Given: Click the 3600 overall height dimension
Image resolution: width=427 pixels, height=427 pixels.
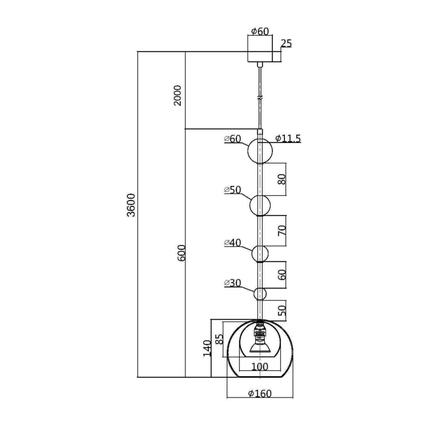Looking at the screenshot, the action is (131, 205).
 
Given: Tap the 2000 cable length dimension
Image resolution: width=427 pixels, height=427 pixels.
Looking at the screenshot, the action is (178, 96).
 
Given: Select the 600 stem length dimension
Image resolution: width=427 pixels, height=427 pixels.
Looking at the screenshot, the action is (181, 253).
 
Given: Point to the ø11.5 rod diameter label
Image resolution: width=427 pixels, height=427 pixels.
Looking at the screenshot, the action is (288, 139).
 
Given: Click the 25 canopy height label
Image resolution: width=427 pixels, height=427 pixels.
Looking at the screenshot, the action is (286, 43).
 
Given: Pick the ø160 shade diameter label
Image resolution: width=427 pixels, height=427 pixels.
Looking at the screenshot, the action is (260, 393).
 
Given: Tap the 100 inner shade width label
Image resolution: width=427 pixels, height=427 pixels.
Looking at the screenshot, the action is (260, 367).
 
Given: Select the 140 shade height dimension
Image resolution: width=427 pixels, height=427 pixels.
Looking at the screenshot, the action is (207, 348).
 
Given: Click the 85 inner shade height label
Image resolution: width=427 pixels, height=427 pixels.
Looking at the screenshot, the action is (219, 339).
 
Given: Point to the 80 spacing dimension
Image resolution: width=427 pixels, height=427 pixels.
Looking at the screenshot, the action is (282, 179).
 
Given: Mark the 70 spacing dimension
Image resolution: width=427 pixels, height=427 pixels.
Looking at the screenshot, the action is (282, 231).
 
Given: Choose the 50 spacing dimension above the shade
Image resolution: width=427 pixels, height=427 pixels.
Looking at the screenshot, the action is (282, 311).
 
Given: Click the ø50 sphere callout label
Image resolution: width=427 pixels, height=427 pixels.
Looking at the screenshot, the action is (233, 189).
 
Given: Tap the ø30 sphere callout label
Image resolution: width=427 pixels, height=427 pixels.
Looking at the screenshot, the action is (233, 283).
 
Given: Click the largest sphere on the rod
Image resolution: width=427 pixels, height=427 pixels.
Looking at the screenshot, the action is (260, 151).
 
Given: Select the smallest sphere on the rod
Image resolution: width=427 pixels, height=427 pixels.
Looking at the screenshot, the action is (260, 294).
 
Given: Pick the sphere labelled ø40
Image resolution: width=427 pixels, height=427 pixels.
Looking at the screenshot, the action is (260, 254).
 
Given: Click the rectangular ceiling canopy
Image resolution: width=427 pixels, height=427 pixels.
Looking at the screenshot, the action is (260, 52).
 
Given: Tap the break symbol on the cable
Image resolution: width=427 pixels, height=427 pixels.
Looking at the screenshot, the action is (260, 97).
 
